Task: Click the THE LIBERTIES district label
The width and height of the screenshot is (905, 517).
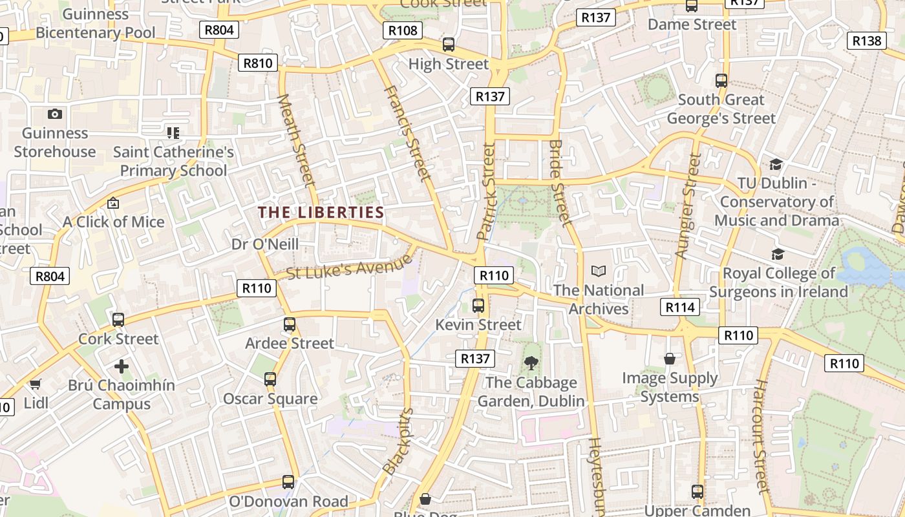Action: (x=321, y=213)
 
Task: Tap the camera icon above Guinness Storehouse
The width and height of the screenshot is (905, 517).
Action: (x=55, y=114)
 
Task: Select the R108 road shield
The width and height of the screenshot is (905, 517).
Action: (x=403, y=30)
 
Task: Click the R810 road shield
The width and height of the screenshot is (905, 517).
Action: (x=259, y=63)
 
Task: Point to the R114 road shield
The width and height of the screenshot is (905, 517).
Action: (x=680, y=307)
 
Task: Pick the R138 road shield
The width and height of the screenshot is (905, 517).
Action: (x=866, y=41)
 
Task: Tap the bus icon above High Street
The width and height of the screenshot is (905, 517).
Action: (x=448, y=45)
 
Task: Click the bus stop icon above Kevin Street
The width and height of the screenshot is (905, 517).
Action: (x=478, y=306)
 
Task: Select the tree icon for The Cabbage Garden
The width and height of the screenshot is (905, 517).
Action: (x=531, y=363)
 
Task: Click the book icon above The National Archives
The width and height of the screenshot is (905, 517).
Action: (x=599, y=271)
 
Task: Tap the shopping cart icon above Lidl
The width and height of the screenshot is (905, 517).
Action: (x=36, y=385)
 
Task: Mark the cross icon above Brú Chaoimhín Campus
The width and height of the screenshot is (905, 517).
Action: (x=121, y=366)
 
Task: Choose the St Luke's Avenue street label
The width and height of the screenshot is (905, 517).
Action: (x=349, y=266)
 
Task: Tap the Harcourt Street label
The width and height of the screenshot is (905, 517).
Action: (x=760, y=436)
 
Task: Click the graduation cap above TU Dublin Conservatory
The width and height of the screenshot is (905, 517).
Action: (x=776, y=164)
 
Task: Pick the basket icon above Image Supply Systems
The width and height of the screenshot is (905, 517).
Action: (x=670, y=358)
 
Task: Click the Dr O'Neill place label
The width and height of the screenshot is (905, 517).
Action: (x=265, y=244)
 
